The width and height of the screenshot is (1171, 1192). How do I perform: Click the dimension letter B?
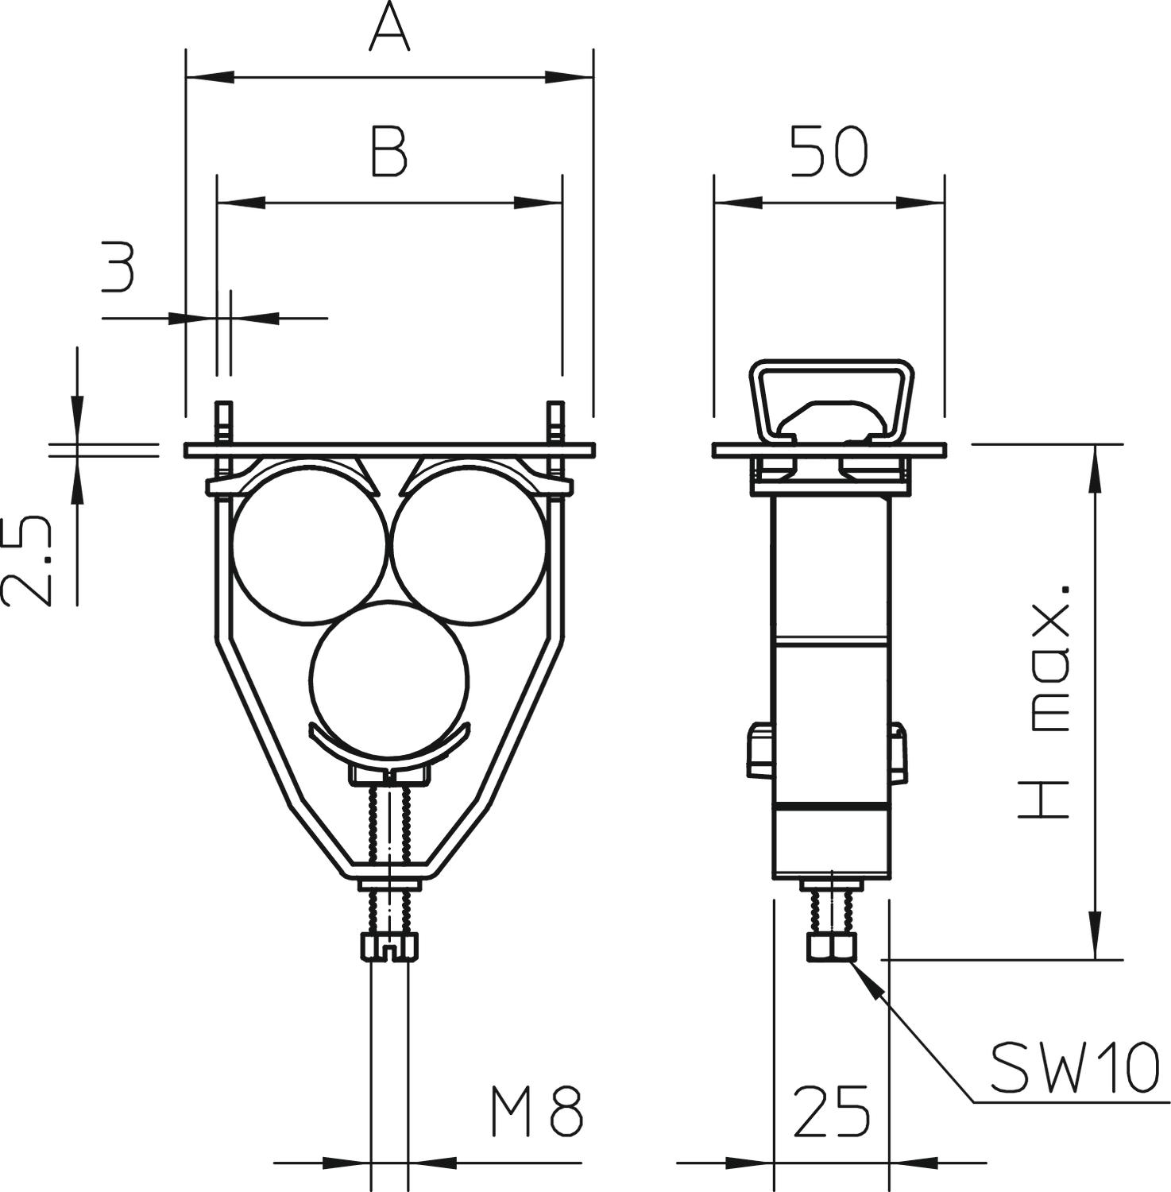tap(389, 150)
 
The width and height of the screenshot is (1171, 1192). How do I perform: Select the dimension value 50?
tap(829, 151)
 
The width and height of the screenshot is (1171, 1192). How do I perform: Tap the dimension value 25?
tap(832, 1111)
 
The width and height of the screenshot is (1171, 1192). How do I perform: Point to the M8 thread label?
tap(537, 1112)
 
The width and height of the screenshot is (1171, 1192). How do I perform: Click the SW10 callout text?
tap(1075, 1067)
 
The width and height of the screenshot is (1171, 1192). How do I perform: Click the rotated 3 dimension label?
tap(118, 268)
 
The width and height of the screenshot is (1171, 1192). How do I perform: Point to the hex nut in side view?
tap(832, 947)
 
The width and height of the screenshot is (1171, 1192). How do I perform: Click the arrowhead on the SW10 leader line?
tap(866, 979)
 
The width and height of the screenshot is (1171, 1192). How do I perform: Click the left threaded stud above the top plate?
tap(223, 422)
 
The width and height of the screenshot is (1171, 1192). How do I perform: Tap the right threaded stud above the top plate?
tap(555, 422)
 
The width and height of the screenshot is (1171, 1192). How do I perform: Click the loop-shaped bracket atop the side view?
tap(832, 401)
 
